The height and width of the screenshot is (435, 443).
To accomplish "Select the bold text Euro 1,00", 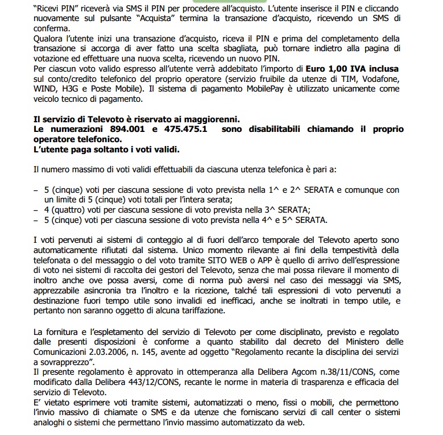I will pos(324,69).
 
